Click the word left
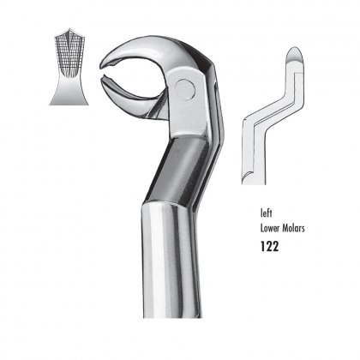(x=266, y=213)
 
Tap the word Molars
(x=294, y=229)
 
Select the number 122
(x=269, y=246)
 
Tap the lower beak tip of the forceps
(x=103, y=80)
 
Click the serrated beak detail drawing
(x=69, y=67)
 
